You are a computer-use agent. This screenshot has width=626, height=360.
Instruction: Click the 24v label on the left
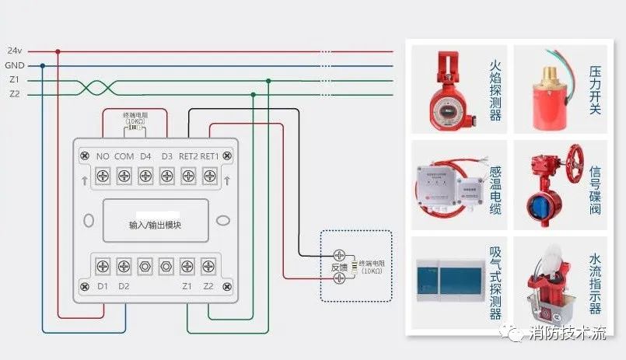14,51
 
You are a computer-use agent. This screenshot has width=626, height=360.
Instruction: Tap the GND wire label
14,65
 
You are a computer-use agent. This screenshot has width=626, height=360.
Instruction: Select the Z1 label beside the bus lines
14,80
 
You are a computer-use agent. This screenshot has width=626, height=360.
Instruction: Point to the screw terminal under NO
103,177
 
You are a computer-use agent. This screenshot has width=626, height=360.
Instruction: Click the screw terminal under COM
124,177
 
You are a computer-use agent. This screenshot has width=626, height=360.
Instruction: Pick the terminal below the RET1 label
208,177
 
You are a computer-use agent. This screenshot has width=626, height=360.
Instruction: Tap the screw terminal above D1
103,266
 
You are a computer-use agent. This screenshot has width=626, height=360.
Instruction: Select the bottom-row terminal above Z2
208,266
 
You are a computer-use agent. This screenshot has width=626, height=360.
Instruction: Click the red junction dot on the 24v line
58,51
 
